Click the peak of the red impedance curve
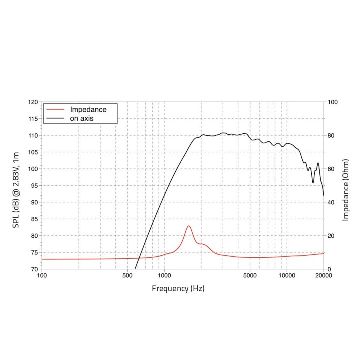[x=189, y=226]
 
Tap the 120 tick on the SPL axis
[x=34, y=102]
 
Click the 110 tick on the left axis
[x=34, y=135]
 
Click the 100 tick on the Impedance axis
[x=332, y=102]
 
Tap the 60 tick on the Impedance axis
[x=331, y=169]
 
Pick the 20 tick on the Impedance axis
[x=331, y=236]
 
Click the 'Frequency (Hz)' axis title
[x=178, y=288]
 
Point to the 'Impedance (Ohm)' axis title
[x=345, y=190]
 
